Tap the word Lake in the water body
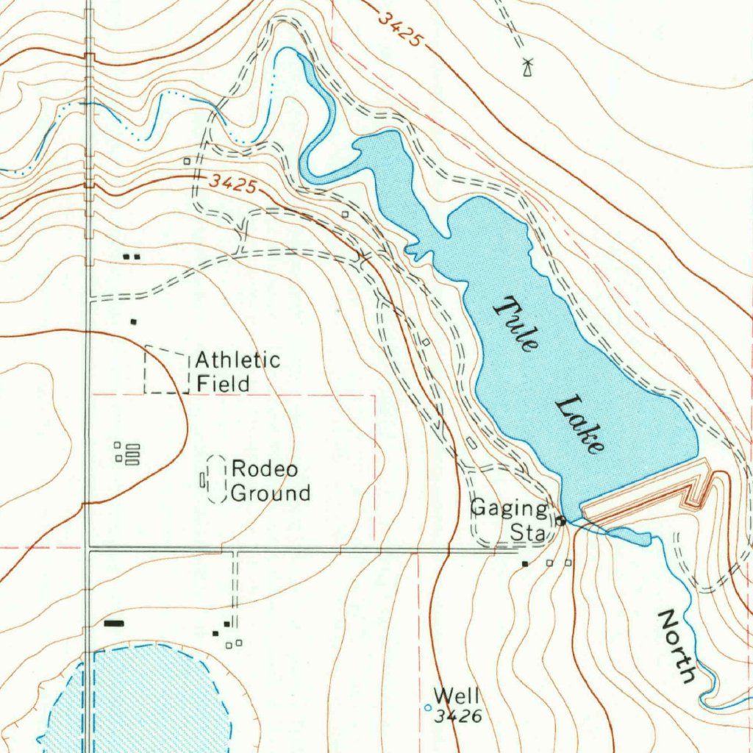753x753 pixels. [x=580, y=425]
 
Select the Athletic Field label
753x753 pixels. [x=237, y=372]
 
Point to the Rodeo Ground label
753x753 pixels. [x=270, y=481]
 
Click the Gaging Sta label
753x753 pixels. [x=509, y=520]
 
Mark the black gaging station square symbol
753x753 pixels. [x=561, y=521]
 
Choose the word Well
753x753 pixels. [x=456, y=695]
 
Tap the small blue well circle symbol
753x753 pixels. [x=429, y=708]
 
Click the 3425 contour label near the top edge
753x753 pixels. [x=401, y=29]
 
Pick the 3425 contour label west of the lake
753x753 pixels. [x=232, y=183]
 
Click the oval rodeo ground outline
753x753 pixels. [x=216, y=479]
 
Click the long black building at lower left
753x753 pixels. [x=114, y=623]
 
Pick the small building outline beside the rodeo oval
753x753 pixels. [x=202, y=480]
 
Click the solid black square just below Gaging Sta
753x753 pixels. [x=524, y=564]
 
